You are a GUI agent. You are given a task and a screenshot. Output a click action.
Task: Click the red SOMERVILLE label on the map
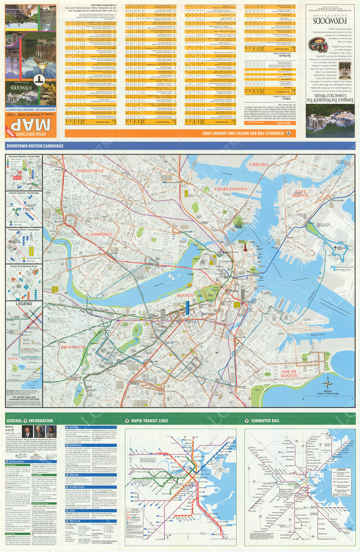89,171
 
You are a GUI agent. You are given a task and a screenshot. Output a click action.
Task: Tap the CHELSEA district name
259,164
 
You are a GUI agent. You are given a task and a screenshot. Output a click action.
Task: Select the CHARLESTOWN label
231,189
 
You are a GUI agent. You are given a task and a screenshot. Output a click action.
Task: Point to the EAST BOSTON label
300,194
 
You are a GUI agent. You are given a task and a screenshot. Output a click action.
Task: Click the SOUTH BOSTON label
289,374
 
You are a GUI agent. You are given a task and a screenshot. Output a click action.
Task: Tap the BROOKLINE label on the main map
73,347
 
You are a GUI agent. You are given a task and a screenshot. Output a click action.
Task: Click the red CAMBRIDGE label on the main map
99,234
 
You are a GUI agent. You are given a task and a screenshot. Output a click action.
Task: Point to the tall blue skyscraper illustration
187,307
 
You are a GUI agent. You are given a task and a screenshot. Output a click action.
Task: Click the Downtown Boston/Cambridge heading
35,146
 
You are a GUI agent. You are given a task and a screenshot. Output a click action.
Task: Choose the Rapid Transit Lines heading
149,421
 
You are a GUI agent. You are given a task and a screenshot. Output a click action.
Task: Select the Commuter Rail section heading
265,421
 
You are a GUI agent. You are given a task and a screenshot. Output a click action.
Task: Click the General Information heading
29,421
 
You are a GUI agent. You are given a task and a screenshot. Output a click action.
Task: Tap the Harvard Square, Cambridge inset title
24,156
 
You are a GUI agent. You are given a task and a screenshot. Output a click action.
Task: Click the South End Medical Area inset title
24,266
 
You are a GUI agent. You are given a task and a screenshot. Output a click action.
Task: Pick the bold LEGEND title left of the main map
24,304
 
